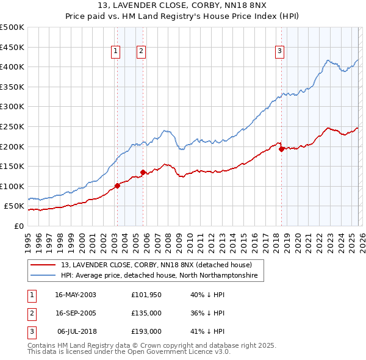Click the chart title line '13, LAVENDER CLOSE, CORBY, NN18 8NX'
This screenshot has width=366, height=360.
182,6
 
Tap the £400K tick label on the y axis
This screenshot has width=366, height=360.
12,67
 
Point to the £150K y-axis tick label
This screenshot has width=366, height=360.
12,166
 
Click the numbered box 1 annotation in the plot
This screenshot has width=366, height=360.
115,51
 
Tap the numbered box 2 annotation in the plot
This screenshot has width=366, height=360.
141,51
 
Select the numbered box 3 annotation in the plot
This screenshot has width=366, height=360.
279,51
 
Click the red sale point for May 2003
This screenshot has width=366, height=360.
117,185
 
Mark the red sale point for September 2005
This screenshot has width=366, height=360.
143,172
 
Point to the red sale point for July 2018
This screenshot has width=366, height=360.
281,149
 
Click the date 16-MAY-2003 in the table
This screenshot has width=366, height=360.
76,294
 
